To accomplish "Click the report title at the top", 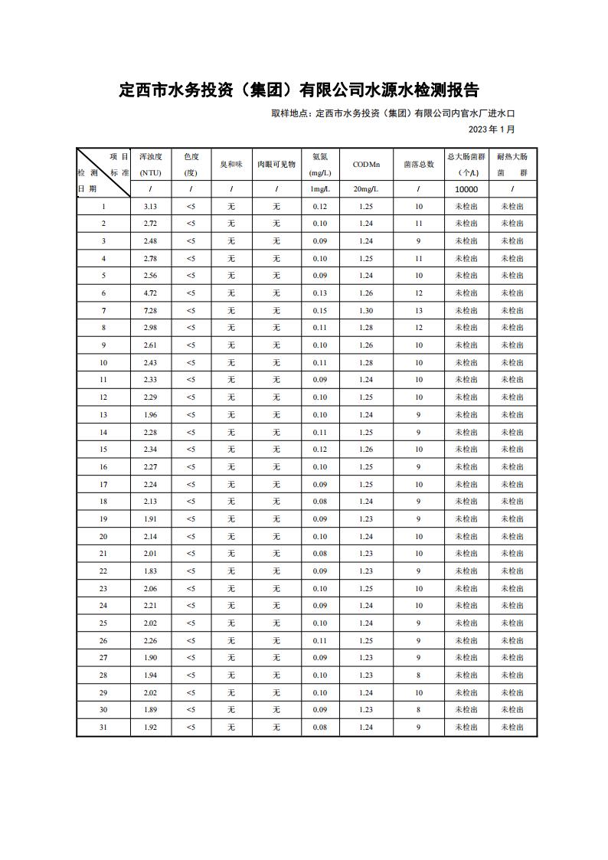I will tap(299, 90).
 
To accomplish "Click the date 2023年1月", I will tap(492, 129).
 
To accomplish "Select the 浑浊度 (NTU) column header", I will tap(150, 164).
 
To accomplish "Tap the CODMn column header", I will tap(366, 164).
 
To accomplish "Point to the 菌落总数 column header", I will tap(419, 164).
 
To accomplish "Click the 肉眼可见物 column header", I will tap(276, 164).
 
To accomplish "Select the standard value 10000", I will tap(466, 189).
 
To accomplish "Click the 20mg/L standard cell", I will tap(366, 189).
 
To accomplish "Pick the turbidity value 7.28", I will tap(150, 310).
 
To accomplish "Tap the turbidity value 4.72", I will tap(150, 293).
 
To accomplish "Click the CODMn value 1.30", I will tap(366, 310).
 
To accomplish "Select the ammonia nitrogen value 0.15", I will tap(319, 310).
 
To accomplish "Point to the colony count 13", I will tap(419, 310).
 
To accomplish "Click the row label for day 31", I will tap(103, 728).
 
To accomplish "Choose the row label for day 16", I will tap(103, 466).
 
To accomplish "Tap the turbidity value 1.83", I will tap(150, 571).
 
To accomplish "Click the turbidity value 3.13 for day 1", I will tap(150, 206).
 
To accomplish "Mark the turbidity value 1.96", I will tap(150, 414).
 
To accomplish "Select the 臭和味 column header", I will tap(231, 164).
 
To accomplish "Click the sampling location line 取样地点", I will tap(393, 113).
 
